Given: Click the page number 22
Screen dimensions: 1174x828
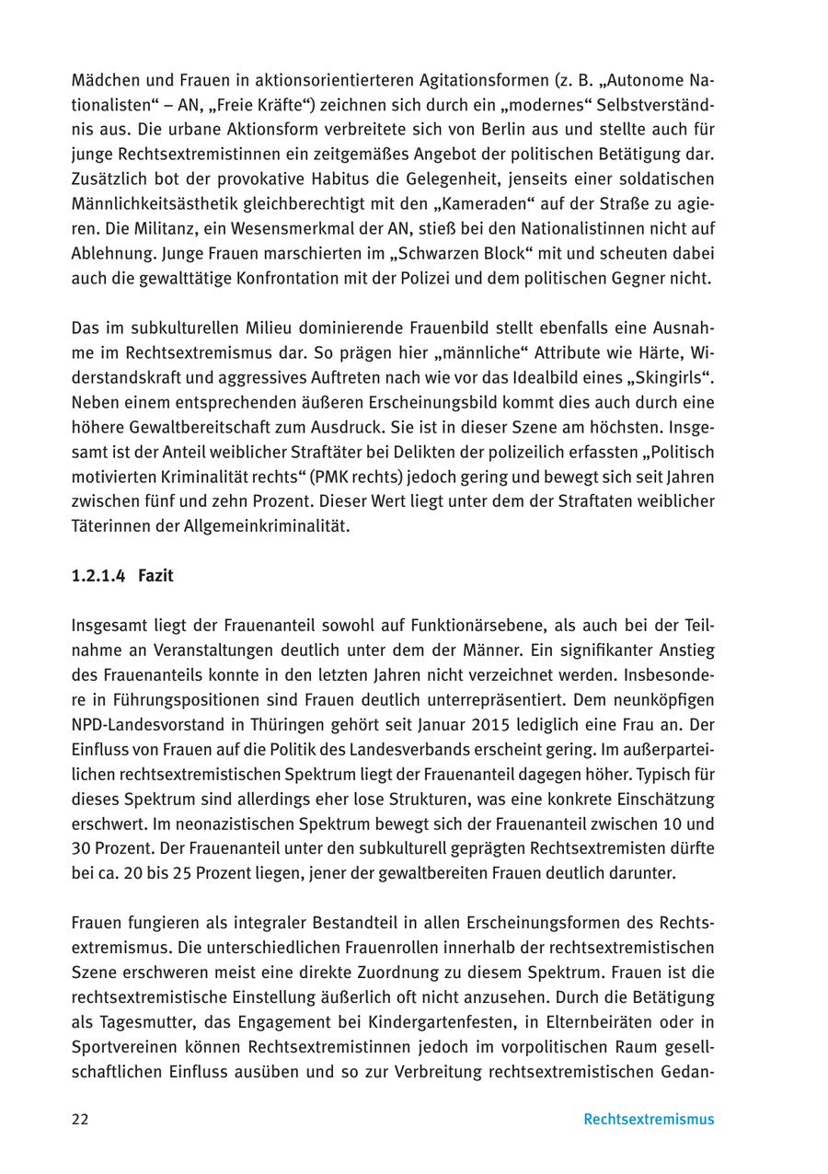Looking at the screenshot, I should coord(80,1120).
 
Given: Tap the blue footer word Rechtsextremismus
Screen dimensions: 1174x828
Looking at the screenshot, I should coord(649,1120).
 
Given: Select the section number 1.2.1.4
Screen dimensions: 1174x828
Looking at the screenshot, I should coord(98,576).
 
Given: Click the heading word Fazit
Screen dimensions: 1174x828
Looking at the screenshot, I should coord(155,576).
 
